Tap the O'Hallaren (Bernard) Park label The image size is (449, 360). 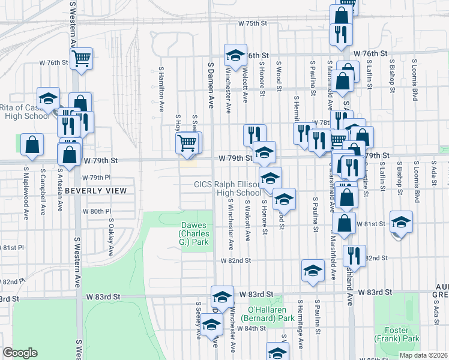tap(268, 314)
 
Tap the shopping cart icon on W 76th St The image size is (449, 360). tap(81, 59)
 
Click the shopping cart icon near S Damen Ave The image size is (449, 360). tap(187, 143)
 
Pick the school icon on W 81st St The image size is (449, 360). tap(400, 222)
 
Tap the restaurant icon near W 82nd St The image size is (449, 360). tap(354, 255)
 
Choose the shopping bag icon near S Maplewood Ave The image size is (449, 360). tap(32, 145)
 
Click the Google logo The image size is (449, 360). tap(19, 353)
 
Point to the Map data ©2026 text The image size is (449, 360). tap(424, 355)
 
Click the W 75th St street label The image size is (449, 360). tap(252, 23)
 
